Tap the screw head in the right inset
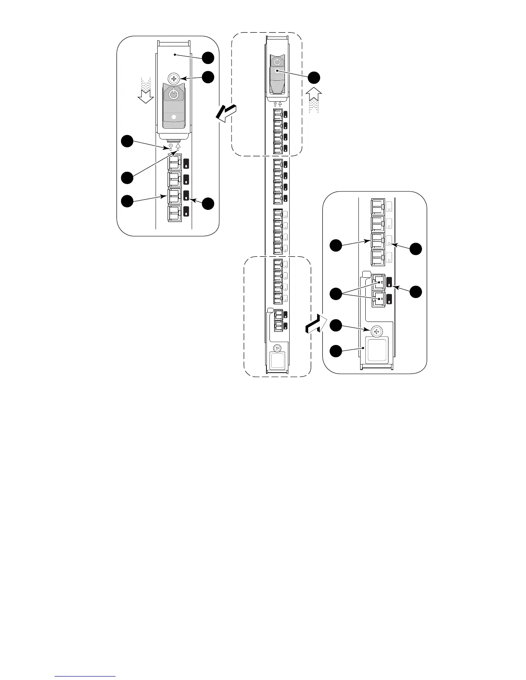point(376,331)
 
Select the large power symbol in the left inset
point(174,94)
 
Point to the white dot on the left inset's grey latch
point(174,117)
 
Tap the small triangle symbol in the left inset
point(178,146)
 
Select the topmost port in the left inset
point(174,163)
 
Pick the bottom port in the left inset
point(174,213)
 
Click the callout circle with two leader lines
point(336,294)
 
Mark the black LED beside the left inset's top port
point(187,163)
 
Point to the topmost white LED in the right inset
point(389,206)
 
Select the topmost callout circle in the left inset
point(209,58)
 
